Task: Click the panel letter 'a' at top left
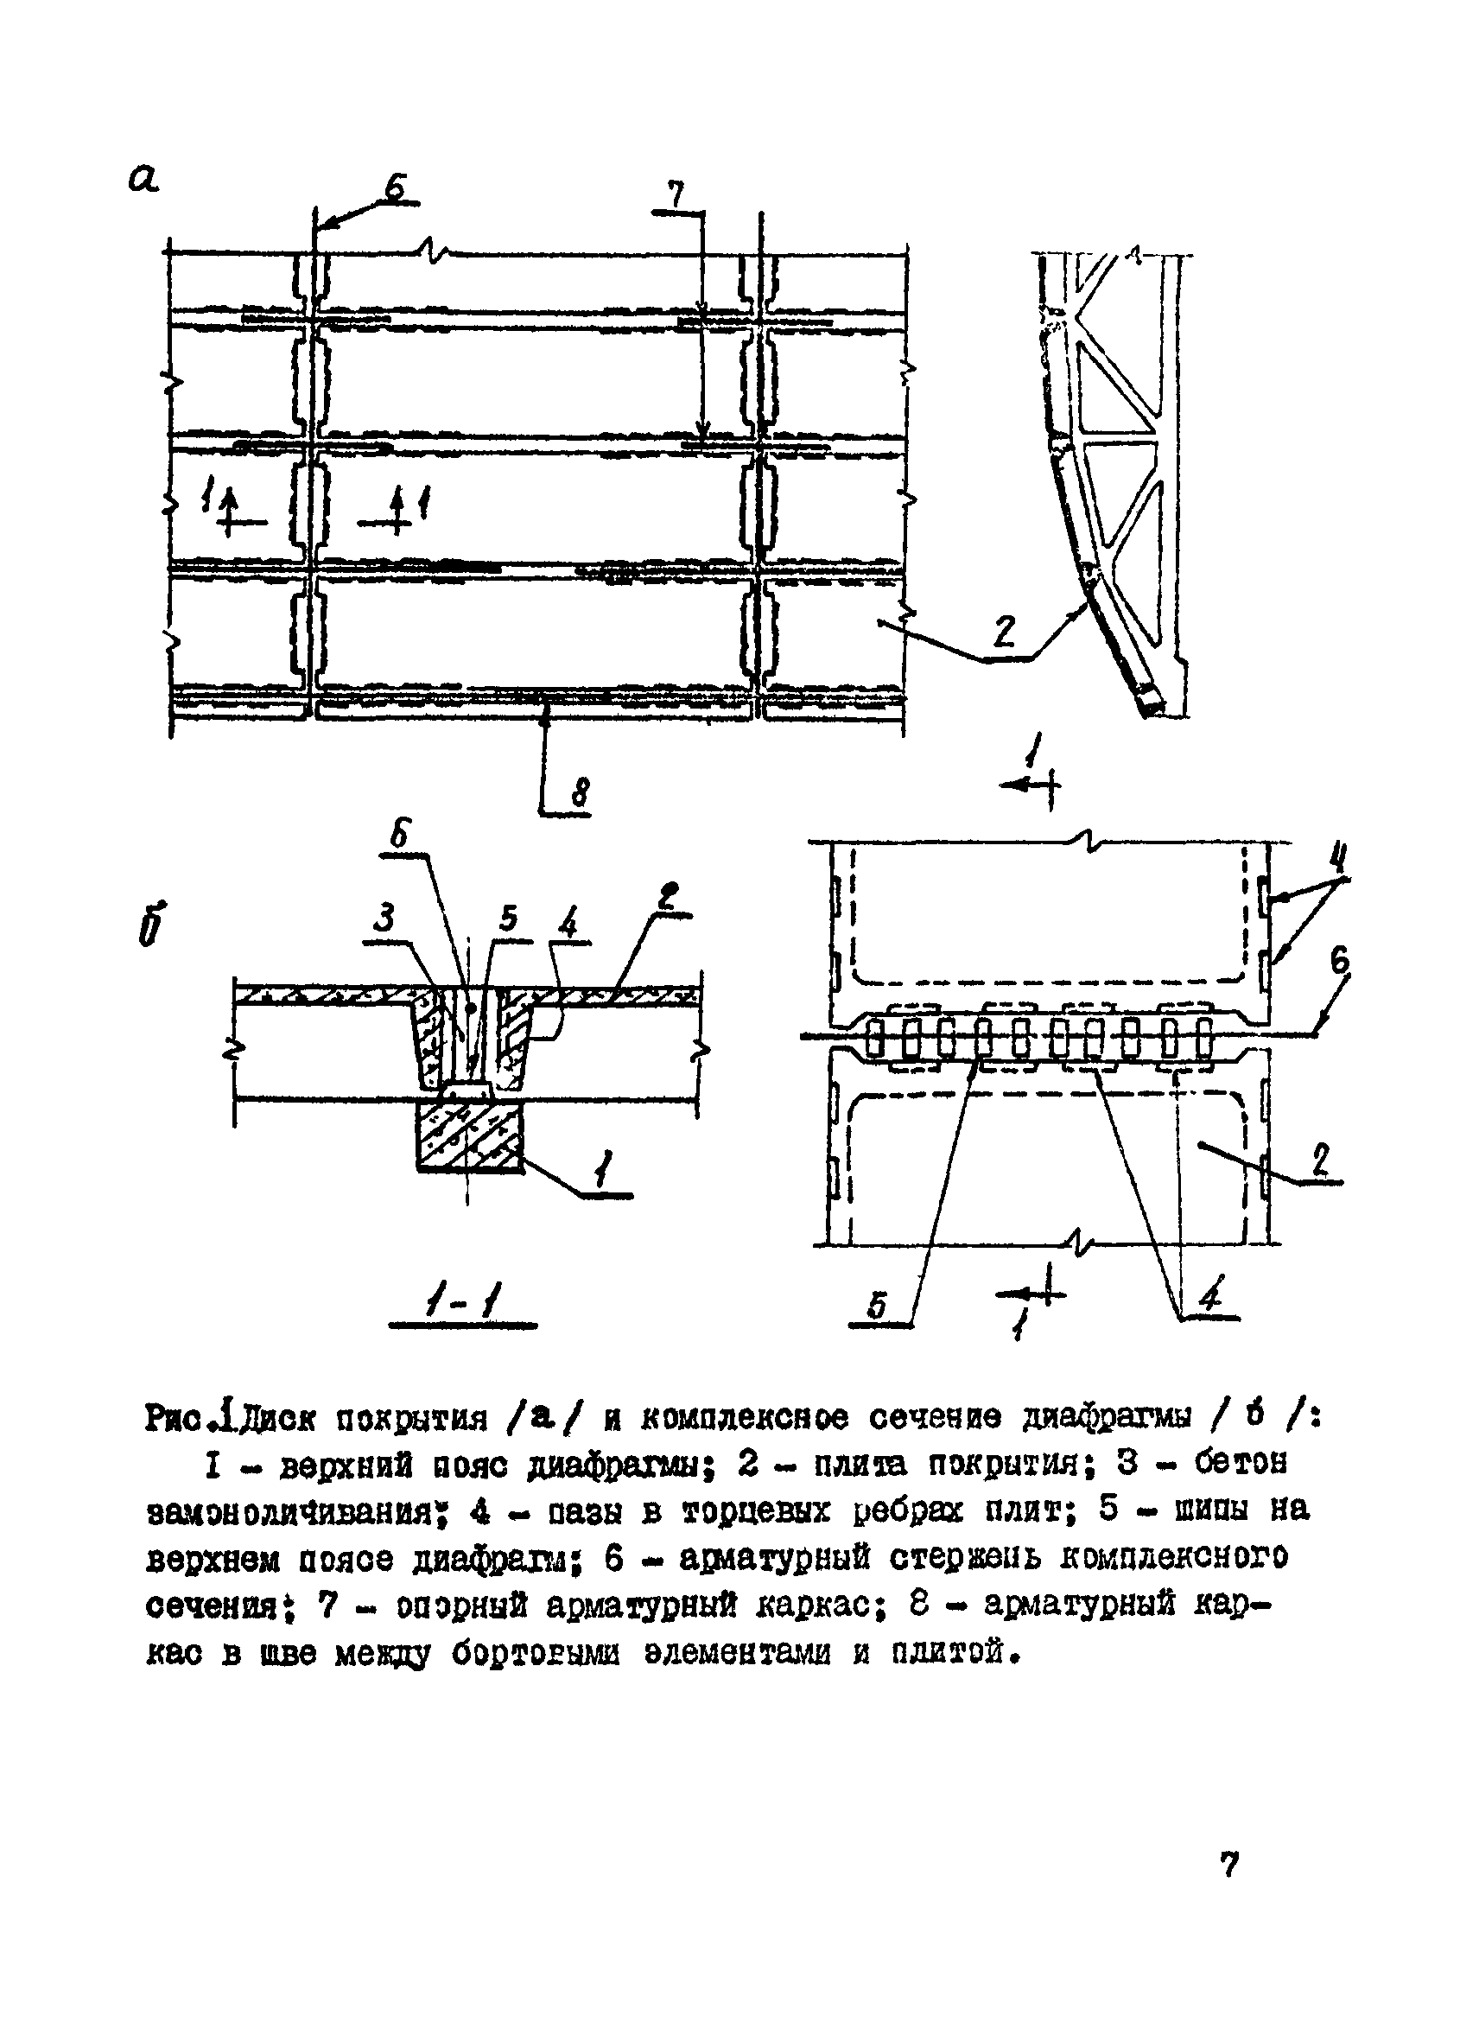click(143, 177)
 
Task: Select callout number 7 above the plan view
click(675, 194)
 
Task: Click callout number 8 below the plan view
click(581, 794)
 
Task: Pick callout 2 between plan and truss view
click(1003, 632)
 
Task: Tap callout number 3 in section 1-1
click(384, 919)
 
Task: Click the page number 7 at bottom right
click(1230, 1864)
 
